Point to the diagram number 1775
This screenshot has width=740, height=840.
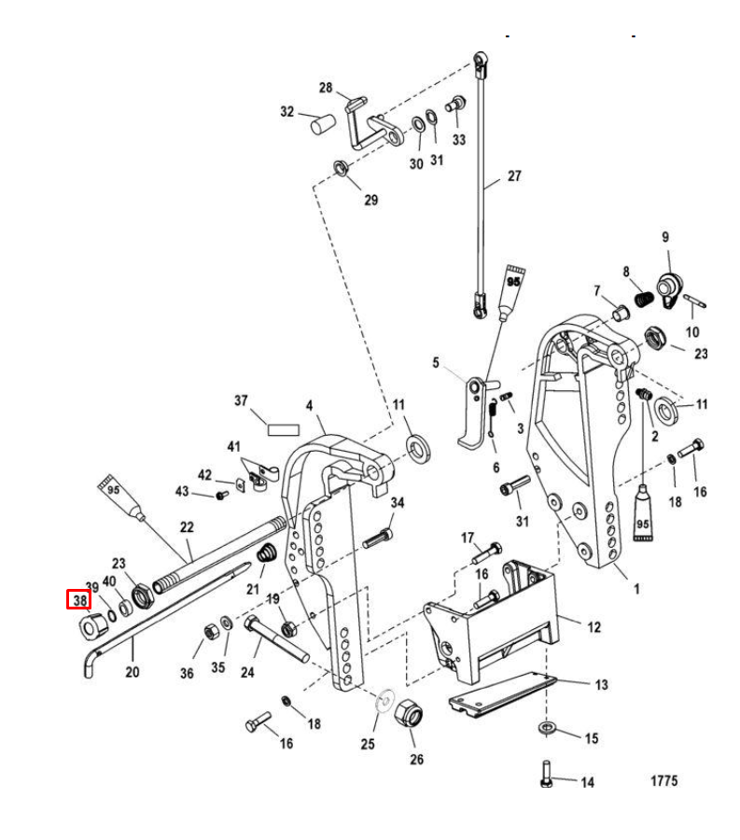[x=663, y=781]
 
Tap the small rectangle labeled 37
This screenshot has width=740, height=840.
[x=282, y=430]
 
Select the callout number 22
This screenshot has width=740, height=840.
[x=188, y=527]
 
